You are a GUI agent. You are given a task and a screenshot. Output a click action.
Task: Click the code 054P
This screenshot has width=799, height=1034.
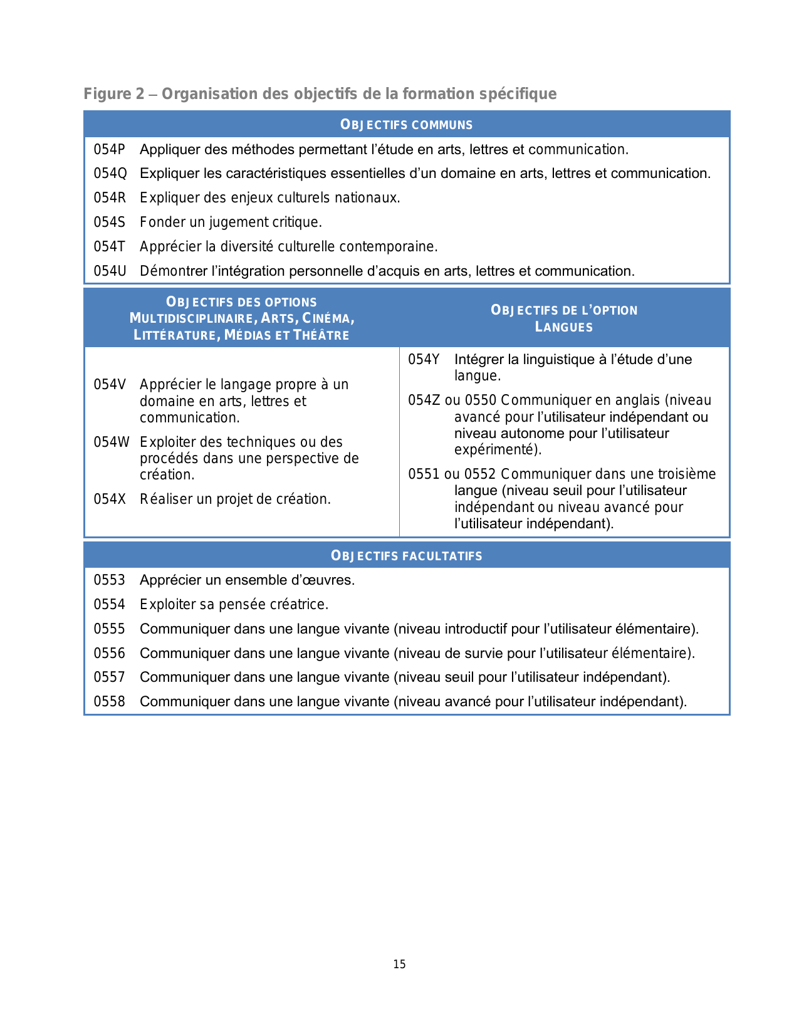click(110, 149)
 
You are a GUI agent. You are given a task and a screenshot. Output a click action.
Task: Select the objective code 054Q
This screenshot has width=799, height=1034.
click(110, 174)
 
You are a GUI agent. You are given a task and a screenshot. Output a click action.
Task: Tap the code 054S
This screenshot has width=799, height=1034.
click(110, 222)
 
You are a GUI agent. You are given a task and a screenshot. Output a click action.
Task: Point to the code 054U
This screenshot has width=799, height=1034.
click(110, 271)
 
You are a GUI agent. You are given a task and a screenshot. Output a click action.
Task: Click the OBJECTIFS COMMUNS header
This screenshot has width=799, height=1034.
click(406, 125)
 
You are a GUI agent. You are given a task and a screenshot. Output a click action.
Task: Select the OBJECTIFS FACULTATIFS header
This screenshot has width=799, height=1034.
click(406, 556)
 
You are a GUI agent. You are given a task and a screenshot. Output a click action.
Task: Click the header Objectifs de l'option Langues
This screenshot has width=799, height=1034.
click(564, 318)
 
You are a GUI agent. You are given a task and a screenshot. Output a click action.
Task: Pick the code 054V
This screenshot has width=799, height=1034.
click(110, 384)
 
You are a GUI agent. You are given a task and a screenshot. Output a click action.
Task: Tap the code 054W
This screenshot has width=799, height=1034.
click(112, 442)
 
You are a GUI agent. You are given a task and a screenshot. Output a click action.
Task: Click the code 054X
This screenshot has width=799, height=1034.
click(110, 499)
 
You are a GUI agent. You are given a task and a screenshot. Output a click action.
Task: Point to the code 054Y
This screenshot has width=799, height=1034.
click(424, 359)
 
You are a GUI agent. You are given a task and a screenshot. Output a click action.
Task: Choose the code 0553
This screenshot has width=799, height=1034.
click(110, 580)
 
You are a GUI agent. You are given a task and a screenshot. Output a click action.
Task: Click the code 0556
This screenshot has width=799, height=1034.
click(110, 654)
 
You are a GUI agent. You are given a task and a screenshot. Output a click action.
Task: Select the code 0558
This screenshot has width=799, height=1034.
click(110, 702)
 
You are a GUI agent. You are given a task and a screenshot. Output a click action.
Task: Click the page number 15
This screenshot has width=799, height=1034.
click(400, 964)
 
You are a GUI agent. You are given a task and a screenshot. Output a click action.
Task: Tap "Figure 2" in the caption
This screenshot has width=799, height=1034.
click(114, 94)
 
